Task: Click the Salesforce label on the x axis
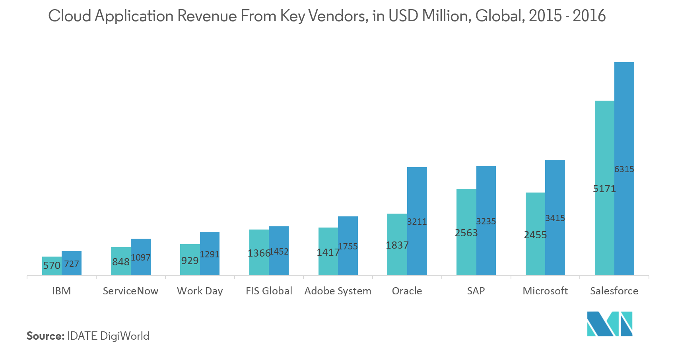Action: [x=614, y=291]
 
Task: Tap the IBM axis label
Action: [x=62, y=291]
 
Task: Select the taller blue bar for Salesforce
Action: [x=624, y=119]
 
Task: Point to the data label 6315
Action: [x=624, y=169]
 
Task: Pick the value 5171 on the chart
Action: [x=604, y=189]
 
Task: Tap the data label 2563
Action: [x=466, y=233]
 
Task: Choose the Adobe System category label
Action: [x=338, y=291]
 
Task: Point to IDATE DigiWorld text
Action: [x=108, y=336]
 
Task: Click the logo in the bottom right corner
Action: [x=610, y=323]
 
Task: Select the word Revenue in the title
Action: [x=207, y=16]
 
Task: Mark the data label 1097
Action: [x=141, y=257]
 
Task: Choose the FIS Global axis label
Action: [x=269, y=291]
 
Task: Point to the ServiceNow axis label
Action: [x=130, y=291]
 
